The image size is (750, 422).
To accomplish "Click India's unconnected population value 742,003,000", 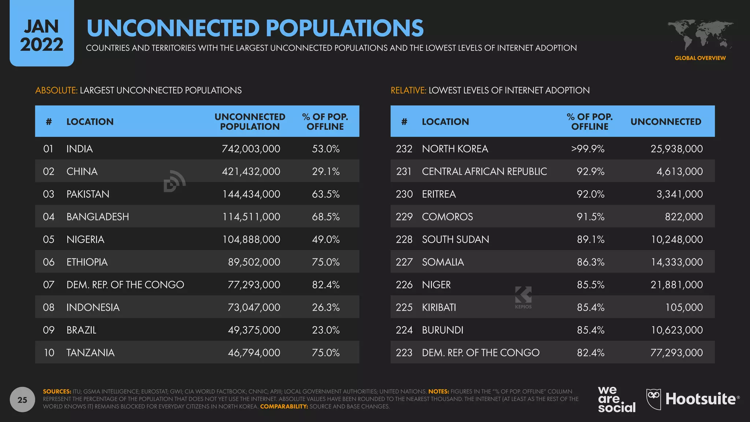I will tap(251, 149).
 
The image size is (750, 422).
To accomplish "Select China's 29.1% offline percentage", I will tap(326, 171).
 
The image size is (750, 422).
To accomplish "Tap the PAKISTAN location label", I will tap(88, 194).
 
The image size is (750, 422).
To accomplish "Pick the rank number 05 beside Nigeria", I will tap(49, 240).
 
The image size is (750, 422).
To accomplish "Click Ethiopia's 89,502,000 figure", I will tap(254, 262).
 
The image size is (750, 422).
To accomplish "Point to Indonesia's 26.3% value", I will tap(326, 307).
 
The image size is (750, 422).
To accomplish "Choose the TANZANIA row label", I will tap(90, 353).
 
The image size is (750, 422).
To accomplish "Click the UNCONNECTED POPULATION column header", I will tap(250, 122).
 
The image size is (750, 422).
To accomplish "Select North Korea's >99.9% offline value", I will tap(588, 149).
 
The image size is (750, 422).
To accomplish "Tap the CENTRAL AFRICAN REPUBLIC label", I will tap(484, 171).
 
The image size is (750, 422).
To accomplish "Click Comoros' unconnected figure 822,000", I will tap(684, 217).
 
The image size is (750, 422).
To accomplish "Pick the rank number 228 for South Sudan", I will tap(404, 240).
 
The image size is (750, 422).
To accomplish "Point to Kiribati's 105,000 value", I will tap(684, 307).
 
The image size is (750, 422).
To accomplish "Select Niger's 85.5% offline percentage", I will tap(590, 285).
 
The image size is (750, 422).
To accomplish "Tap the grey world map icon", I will tap(700, 35).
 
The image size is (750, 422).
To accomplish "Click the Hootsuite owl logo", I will tap(654, 399).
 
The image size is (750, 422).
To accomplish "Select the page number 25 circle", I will tap(22, 400).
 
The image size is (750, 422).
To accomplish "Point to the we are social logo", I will tap(616, 399).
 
